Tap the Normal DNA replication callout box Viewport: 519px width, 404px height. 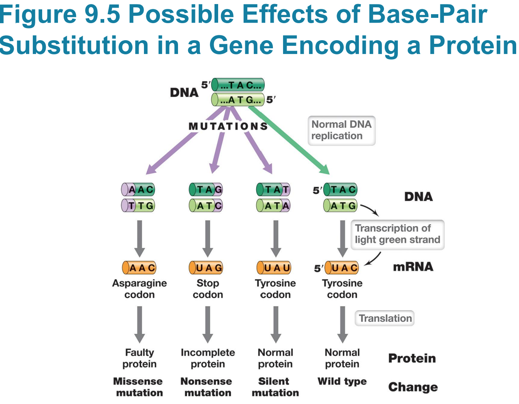coord(341,130)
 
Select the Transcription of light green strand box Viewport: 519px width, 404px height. coord(397,234)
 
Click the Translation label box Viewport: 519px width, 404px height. coord(385,318)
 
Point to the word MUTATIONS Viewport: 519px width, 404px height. coord(228,127)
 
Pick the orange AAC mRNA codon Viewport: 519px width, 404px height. coord(139,268)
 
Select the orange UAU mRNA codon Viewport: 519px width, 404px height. coord(274,268)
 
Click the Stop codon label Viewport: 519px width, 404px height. coord(208,289)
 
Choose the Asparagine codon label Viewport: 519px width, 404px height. coord(139,289)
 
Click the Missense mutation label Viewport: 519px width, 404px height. coord(138,387)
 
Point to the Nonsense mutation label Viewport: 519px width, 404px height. coord(207,387)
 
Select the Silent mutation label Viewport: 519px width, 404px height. coord(275,387)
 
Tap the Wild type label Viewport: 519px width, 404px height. coord(342,381)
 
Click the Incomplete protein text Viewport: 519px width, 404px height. coord(208,358)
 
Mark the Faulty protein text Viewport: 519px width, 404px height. coord(139,358)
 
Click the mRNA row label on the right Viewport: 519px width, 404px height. coord(413,267)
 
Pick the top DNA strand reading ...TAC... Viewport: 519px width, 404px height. coord(238,85)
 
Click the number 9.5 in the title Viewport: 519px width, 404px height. coord(102,14)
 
